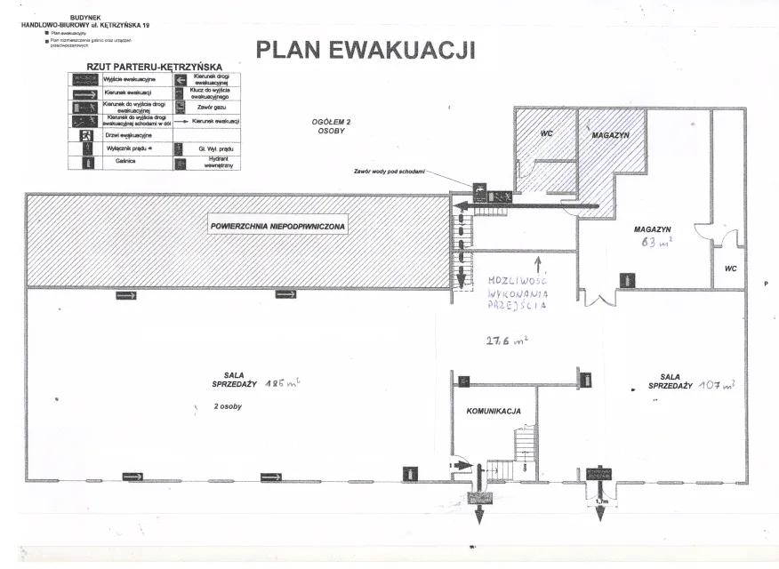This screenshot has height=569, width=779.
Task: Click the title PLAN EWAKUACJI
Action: click(x=365, y=49)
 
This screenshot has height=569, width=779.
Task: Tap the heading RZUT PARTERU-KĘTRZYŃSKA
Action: click(x=154, y=66)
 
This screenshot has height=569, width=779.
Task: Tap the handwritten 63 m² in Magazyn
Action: click(x=654, y=241)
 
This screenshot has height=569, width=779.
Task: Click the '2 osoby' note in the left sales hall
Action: click(x=229, y=405)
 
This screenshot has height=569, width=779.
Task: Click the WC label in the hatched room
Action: click(x=549, y=133)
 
